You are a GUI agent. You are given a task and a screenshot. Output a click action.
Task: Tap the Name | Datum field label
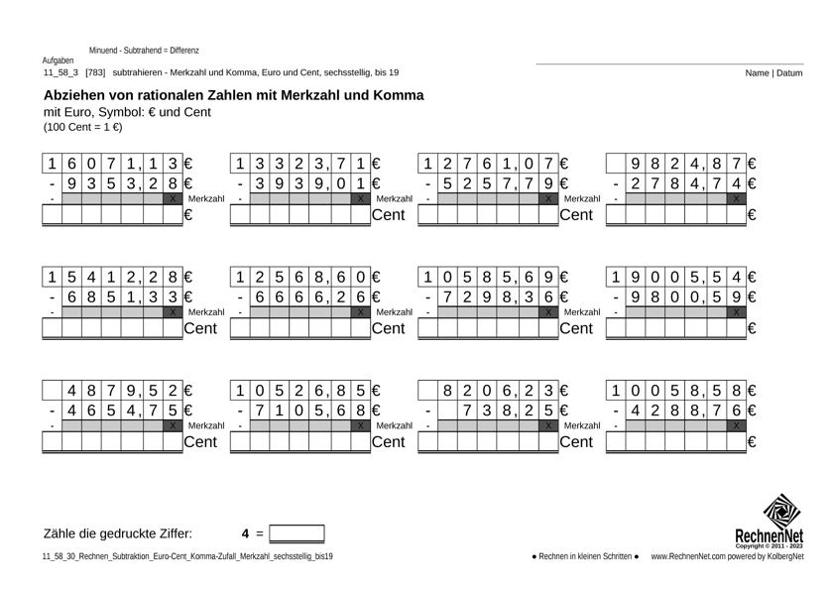click(x=775, y=72)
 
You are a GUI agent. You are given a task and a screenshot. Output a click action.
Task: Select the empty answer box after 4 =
click(x=297, y=533)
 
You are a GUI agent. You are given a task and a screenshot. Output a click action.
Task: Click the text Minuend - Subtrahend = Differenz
click(x=144, y=50)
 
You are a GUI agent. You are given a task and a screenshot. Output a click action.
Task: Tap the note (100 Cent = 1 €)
click(x=82, y=127)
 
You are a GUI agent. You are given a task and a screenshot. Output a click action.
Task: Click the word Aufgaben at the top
click(x=58, y=60)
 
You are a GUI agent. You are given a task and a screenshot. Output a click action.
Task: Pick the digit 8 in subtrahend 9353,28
click(x=173, y=183)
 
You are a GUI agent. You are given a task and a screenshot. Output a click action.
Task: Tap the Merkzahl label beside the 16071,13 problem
click(x=206, y=199)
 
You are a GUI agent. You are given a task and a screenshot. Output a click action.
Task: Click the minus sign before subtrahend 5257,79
click(x=427, y=183)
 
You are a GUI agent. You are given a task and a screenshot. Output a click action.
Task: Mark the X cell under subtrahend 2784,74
click(x=736, y=199)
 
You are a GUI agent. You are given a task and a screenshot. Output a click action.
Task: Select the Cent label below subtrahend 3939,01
click(x=390, y=214)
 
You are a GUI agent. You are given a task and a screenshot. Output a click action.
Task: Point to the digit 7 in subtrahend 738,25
click(x=467, y=410)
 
